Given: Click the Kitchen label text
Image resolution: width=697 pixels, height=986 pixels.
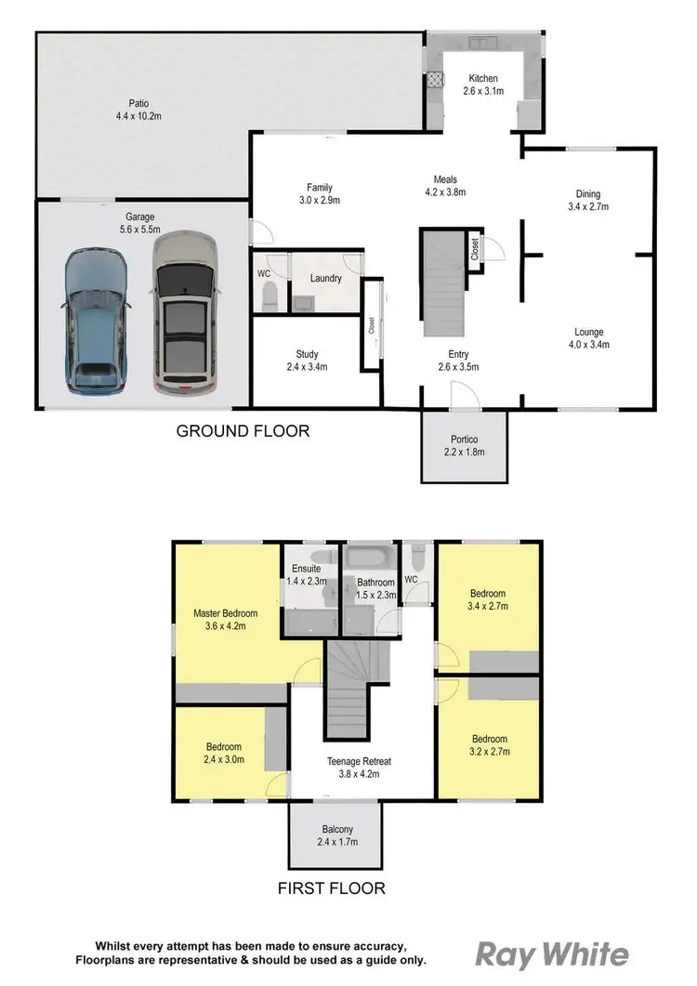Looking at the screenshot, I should (x=483, y=79).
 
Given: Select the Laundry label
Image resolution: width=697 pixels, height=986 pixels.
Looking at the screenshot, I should (x=325, y=278).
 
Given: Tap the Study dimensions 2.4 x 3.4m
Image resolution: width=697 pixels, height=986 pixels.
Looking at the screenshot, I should (x=308, y=367).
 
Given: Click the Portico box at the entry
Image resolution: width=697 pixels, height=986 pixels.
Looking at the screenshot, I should (x=465, y=447).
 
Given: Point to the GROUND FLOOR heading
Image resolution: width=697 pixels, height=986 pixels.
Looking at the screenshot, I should (x=243, y=431).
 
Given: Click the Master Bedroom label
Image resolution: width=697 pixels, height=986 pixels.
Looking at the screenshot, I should (x=225, y=613).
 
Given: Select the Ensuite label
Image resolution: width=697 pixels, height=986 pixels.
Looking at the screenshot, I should (x=306, y=568).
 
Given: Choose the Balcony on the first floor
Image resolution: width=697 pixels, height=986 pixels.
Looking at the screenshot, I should (x=325, y=836).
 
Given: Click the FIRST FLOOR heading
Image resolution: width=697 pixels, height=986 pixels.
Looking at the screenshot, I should (x=332, y=888).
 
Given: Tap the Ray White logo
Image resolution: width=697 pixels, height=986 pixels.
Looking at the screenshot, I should (x=552, y=954).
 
